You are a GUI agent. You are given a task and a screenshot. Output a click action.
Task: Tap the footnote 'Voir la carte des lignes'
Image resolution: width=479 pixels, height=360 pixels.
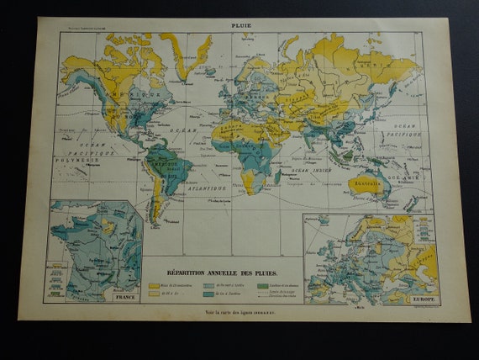click(x=239, y=313)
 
